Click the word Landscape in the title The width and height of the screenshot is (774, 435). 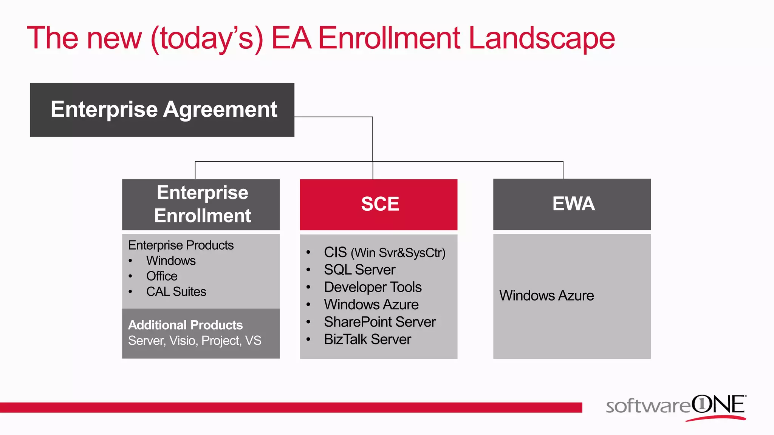(541, 39)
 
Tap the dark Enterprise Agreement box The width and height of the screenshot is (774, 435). (162, 110)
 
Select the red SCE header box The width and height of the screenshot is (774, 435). (379, 204)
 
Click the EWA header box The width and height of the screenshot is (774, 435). (572, 204)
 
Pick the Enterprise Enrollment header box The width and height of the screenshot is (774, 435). (201, 204)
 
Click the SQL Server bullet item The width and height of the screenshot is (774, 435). (359, 270)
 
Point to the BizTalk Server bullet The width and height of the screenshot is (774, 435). (367, 339)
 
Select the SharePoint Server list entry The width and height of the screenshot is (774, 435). (380, 322)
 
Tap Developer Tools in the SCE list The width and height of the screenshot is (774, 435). (373, 287)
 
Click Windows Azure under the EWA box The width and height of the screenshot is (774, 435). (546, 296)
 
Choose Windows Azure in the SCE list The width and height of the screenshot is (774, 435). (371, 305)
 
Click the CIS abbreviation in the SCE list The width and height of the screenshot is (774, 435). (335, 252)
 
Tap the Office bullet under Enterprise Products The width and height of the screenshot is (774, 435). (162, 276)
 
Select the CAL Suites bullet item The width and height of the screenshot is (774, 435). (176, 292)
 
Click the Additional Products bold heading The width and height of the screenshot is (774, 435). (185, 325)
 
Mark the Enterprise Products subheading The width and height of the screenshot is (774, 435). (181, 245)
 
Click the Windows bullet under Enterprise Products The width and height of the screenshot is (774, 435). (171, 261)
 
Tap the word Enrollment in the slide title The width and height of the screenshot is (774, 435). (389, 39)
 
